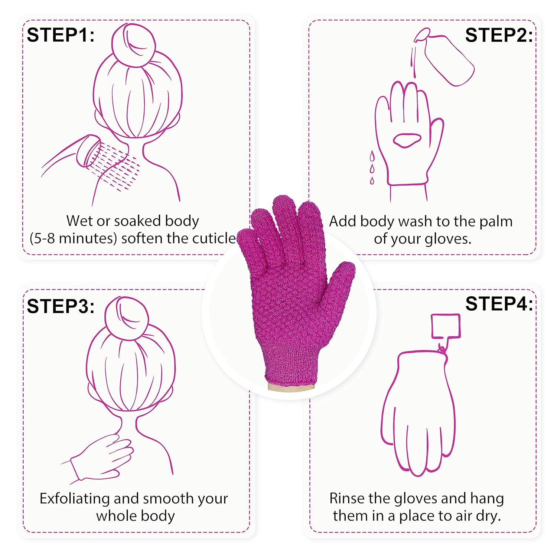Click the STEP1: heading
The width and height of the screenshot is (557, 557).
61,35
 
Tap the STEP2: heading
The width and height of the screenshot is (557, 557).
499,35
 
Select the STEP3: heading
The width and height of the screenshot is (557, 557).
61,306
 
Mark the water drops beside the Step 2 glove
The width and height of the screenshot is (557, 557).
372,167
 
